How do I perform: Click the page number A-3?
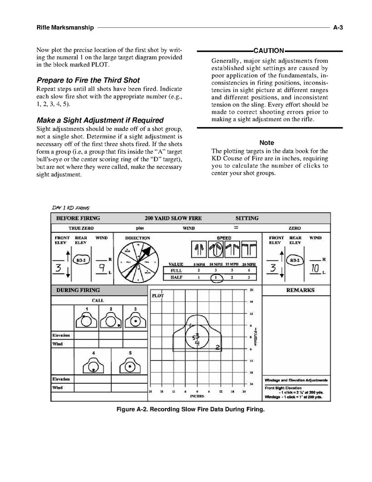(x=337, y=27)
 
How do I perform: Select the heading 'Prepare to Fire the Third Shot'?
(x=88, y=80)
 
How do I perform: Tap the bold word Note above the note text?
(x=267, y=143)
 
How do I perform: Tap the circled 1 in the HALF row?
(x=215, y=278)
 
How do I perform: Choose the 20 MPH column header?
(x=248, y=264)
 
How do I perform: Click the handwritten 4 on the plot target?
(x=197, y=343)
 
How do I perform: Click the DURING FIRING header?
(x=78, y=290)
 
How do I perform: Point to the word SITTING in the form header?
(x=247, y=219)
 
